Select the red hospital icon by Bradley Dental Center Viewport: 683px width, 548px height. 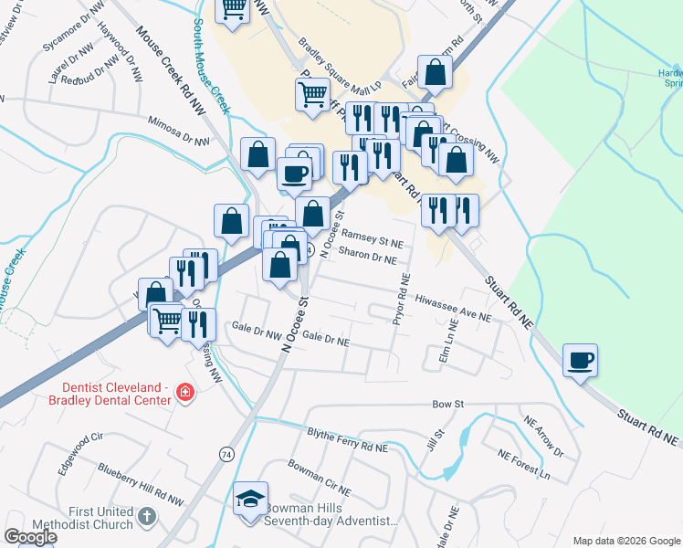coord(184,393)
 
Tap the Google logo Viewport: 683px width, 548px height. coord(30,537)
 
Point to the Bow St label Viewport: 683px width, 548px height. coord(448,403)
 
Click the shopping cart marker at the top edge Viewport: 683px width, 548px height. coord(233,10)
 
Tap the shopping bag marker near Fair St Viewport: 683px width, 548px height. coord(435,74)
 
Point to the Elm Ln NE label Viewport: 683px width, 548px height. coord(448,341)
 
